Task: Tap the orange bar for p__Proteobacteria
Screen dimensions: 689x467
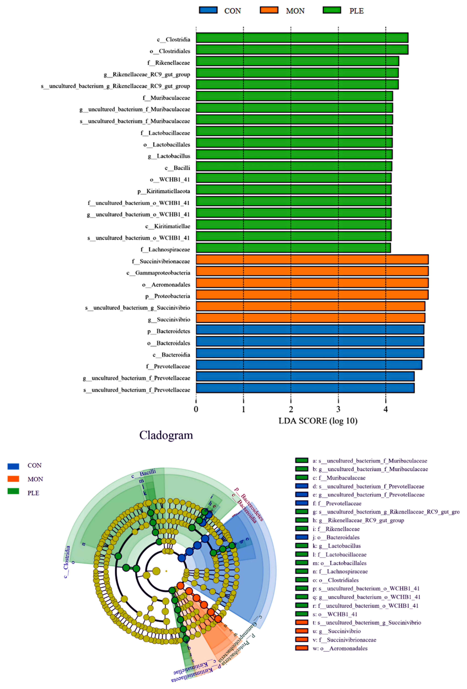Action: [x=312, y=295]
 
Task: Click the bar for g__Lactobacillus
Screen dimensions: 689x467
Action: [x=294, y=154]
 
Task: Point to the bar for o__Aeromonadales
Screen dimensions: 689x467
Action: [x=312, y=283]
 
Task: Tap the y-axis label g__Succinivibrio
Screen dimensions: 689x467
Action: [x=169, y=319]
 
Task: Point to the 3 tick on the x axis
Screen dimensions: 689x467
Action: [x=338, y=409]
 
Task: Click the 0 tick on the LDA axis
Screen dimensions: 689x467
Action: [x=196, y=409]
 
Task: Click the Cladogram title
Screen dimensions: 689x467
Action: [x=166, y=435]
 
